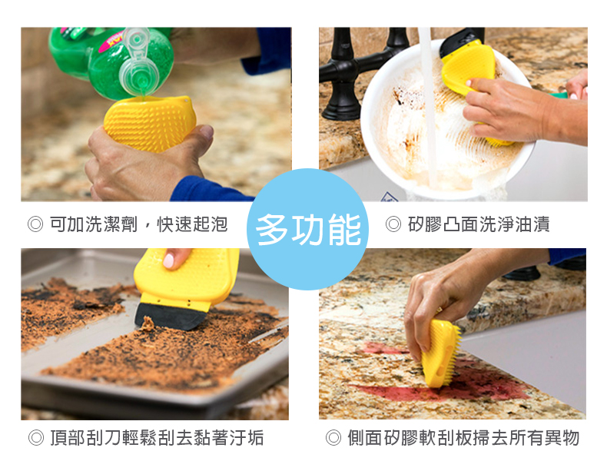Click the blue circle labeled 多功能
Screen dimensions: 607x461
coord(308,229)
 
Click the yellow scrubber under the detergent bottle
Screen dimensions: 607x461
coord(149,123)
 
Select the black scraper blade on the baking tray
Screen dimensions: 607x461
coord(171,317)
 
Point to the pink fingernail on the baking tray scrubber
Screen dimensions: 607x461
coord(168,260)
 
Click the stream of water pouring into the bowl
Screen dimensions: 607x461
coord(429,108)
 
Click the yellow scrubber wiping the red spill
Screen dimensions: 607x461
coord(441,353)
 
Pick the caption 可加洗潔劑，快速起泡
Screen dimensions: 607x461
coord(138,224)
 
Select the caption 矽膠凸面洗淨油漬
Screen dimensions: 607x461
coord(479,224)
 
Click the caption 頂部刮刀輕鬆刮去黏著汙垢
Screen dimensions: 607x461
coord(157,438)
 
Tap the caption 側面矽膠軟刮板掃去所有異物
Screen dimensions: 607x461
coord(463,438)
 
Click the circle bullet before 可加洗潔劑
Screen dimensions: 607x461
coord(35,224)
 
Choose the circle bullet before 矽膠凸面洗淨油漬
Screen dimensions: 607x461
coord(393,224)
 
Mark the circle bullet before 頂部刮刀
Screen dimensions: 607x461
coord(35,438)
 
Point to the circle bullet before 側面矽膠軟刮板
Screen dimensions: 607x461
coord(333,438)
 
